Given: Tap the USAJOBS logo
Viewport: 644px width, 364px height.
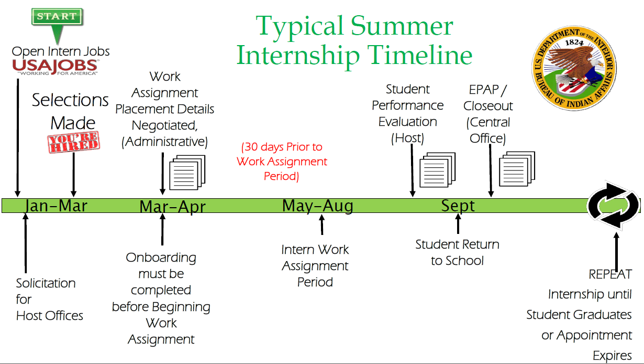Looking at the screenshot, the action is coord(55,67).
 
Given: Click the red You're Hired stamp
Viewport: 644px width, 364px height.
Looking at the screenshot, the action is coord(74,142).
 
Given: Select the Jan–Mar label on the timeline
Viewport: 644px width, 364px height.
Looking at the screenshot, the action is coord(56,206).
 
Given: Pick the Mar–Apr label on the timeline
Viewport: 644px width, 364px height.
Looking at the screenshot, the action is coord(172,206).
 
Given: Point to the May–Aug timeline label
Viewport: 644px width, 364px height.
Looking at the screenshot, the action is coord(318,206).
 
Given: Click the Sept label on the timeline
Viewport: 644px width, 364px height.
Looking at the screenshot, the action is coord(458,206).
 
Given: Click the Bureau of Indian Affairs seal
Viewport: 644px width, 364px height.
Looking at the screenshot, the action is coord(574,68).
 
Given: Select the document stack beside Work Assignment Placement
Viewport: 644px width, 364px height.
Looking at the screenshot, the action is coord(187,172).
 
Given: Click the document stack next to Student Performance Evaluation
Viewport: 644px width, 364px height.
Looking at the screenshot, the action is coord(438,170).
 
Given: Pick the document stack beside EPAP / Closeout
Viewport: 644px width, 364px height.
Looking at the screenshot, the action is coord(517,169).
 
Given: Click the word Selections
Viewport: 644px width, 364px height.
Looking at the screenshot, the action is coord(70,100).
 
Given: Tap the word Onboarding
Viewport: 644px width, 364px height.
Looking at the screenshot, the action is coord(161,258).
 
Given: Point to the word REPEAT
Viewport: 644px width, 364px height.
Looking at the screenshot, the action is coord(610,274).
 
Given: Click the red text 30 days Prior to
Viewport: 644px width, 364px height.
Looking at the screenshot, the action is coord(282,147).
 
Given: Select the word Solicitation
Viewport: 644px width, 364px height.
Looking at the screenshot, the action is coord(46,283).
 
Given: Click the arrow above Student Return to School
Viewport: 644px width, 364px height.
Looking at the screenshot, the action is coord(458,223).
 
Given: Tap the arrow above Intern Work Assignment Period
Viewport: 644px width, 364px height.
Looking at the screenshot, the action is coord(322,224).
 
